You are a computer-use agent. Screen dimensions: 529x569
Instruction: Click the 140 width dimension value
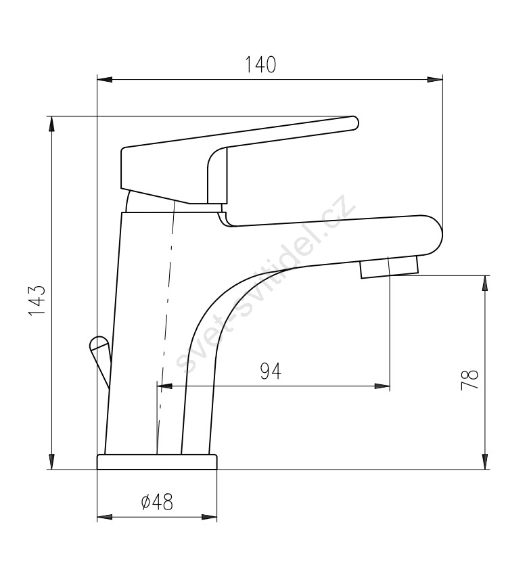260,64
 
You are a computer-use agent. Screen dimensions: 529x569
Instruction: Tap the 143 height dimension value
37,300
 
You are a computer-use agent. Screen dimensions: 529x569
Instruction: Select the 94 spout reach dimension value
271,371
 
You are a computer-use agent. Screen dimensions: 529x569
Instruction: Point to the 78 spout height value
469,380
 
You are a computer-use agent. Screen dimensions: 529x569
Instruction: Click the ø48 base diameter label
157,502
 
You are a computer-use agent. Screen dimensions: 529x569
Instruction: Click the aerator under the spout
390,267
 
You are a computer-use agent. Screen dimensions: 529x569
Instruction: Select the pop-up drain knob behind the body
99,361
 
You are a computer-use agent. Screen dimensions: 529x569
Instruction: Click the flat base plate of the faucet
157,461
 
